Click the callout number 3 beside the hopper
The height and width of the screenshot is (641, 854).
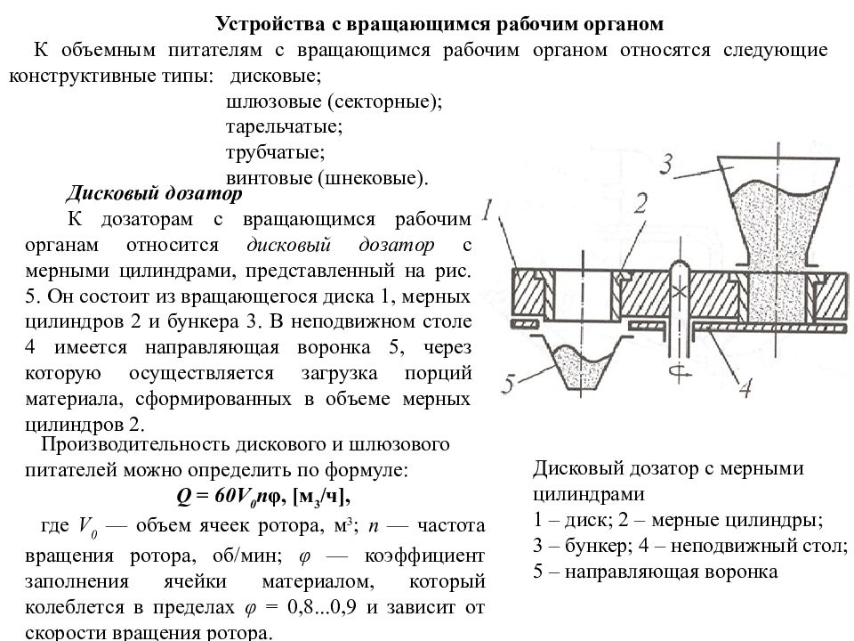click(x=666, y=164)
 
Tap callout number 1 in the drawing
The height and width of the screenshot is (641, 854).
click(x=488, y=209)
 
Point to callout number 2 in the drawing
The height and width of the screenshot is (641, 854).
click(x=640, y=203)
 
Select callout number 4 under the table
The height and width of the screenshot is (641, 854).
click(x=745, y=387)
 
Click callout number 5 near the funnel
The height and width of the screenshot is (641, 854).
click(x=508, y=383)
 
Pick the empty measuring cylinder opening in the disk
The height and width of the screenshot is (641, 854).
click(x=584, y=296)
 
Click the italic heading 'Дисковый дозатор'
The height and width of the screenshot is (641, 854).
click(x=154, y=193)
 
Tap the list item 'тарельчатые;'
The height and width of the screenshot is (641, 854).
click(x=285, y=127)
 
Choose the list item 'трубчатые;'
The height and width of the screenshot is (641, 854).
click(x=275, y=152)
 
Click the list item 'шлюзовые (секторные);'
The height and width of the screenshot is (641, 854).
click(x=334, y=101)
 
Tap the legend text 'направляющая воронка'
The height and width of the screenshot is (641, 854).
click(x=671, y=572)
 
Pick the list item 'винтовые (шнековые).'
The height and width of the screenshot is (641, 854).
click(x=327, y=178)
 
